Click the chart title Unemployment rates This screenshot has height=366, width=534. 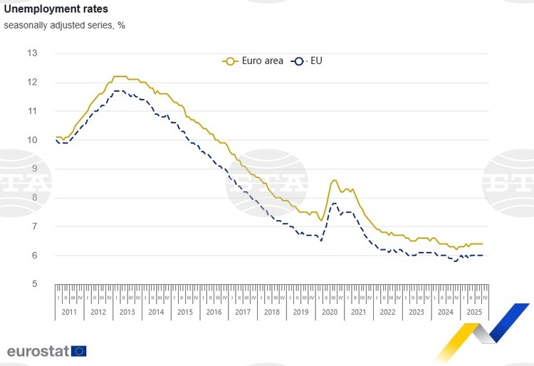(x=56, y=10)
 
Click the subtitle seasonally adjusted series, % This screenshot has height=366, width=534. (x=64, y=26)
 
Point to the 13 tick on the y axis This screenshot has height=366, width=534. (x=32, y=53)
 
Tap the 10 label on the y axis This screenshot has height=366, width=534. (x=32, y=140)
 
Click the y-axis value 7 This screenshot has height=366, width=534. (x=34, y=226)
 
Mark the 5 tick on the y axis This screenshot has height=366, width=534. (x=34, y=284)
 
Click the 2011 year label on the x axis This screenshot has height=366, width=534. (x=70, y=312)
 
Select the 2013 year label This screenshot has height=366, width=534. (x=127, y=312)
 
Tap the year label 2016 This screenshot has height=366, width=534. (x=214, y=312)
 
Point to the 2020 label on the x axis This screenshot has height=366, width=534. (x=330, y=312)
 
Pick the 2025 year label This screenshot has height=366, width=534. (x=473, y=312)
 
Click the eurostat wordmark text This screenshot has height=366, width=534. (x=38, y=350)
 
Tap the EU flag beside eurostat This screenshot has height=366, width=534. (x=79, y=350)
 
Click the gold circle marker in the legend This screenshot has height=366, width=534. (x=229, y=61)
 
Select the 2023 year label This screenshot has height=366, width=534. (x=416, y=312)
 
